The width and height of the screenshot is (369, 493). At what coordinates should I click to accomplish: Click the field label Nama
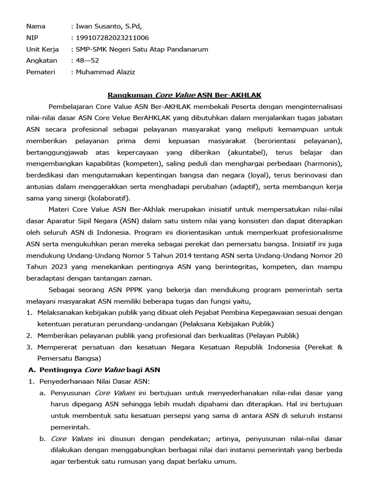(x=36, y=26)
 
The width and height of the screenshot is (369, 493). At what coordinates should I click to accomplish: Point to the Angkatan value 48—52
(x=87, y=61)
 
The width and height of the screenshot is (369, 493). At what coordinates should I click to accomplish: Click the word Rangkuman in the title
(x=130, y=95)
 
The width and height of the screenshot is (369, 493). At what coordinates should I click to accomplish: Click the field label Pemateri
(x=40, y=72)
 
